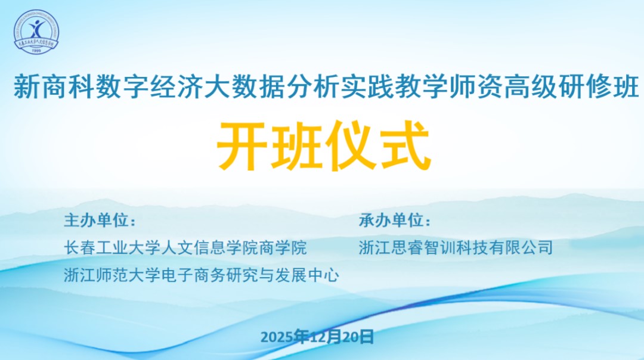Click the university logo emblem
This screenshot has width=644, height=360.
pyautogui.click(x=36, y=32)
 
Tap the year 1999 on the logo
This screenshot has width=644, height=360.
pyautogui.click(x=36, y=51)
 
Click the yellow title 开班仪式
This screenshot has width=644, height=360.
pyautogui.click(x=324, y=145)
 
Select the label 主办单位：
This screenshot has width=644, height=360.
pyautogui.click(x=100, y=221)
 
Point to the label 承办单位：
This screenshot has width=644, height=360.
pyautogui.click(x=395, y=221)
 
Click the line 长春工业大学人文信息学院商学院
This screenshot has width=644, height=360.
pyautogui.click(x=185, y=247)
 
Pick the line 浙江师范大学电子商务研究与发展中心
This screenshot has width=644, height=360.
pyautogui.click(x=202, y=275)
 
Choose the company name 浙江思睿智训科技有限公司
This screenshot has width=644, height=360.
pyautogui.click(x=456, y=247)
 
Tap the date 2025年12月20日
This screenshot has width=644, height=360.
pyautogui.click(x=317, y=337)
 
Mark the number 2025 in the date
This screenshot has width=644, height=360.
pyautogui.click(x=277, y=337)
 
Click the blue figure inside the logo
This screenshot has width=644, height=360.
pyautogui.click(x=36, y=29)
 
